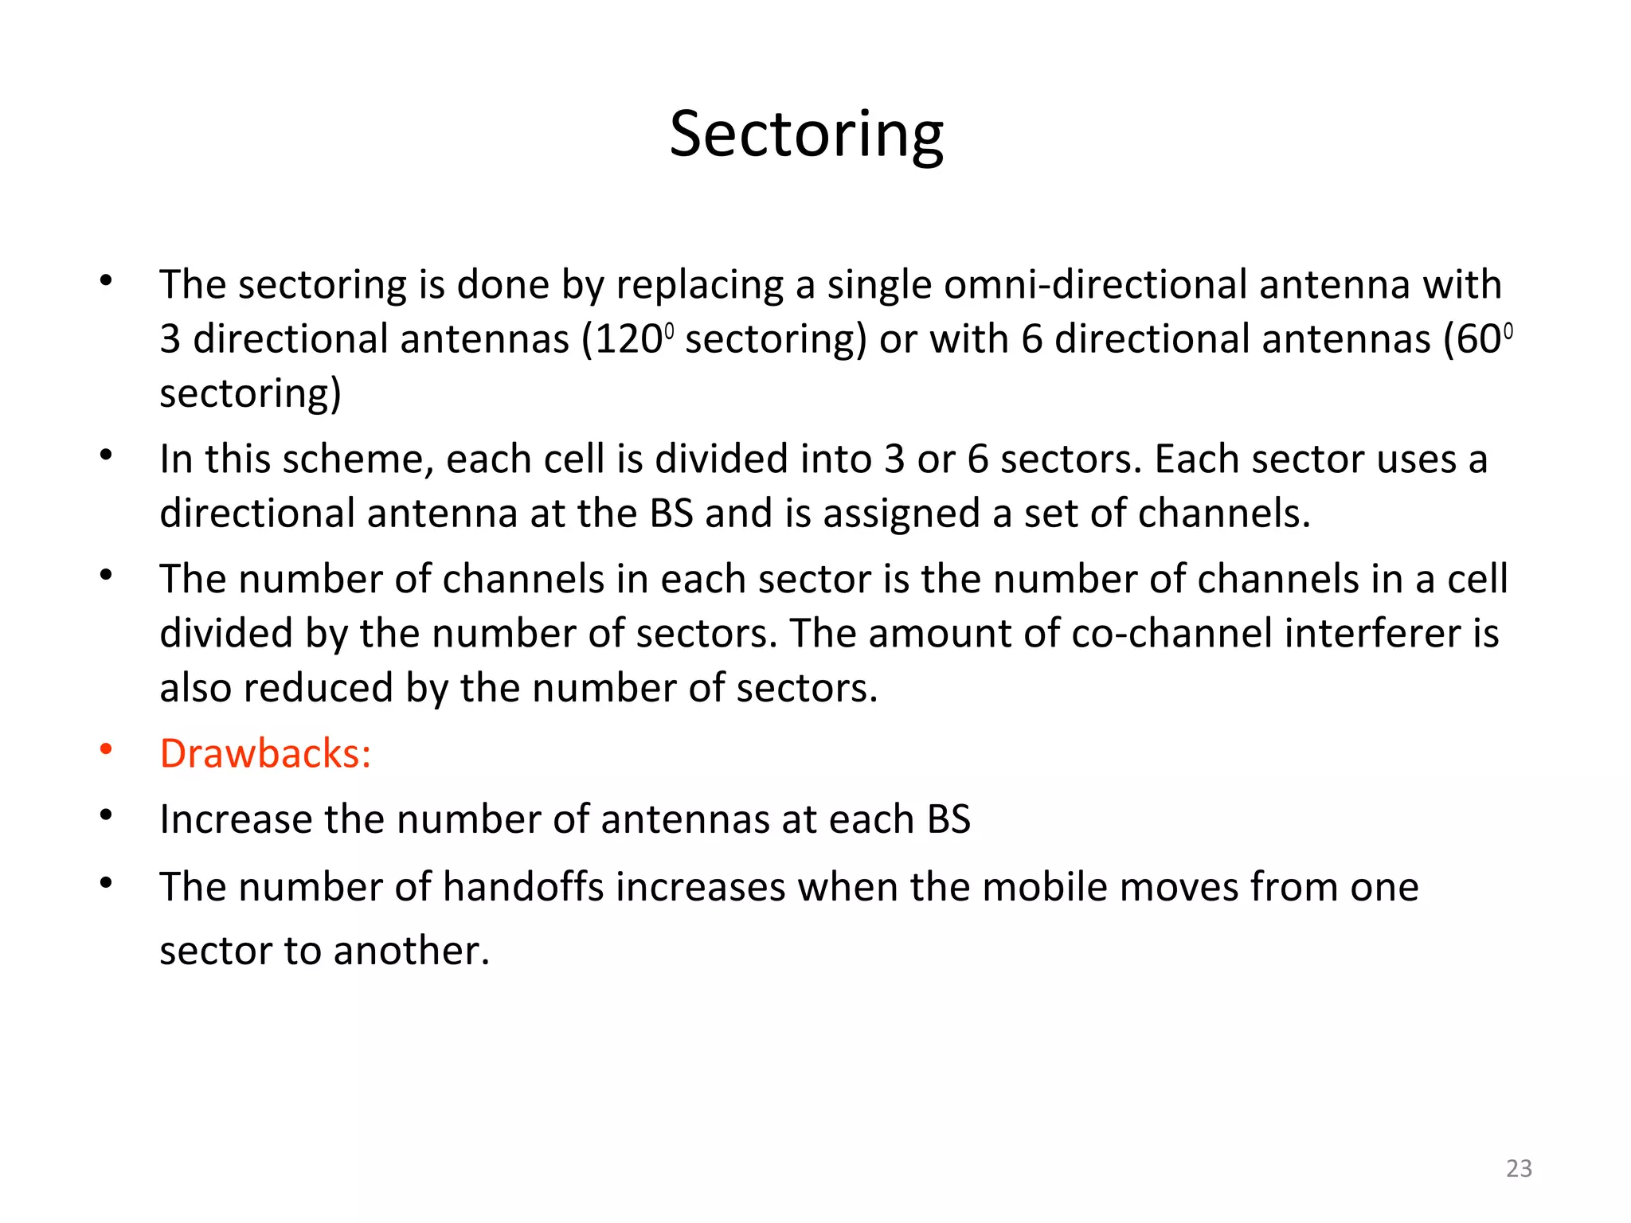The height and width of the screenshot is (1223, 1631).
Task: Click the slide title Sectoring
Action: click(x=806, y=134)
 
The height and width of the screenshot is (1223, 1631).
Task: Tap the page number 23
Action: click(x=1519, y=1168)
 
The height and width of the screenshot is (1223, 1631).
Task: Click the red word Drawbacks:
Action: click(x=265, y=753)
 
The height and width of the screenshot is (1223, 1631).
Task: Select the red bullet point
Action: click(x=106, y=749)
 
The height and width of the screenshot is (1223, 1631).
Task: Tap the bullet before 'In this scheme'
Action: click(x=106, y=455)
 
